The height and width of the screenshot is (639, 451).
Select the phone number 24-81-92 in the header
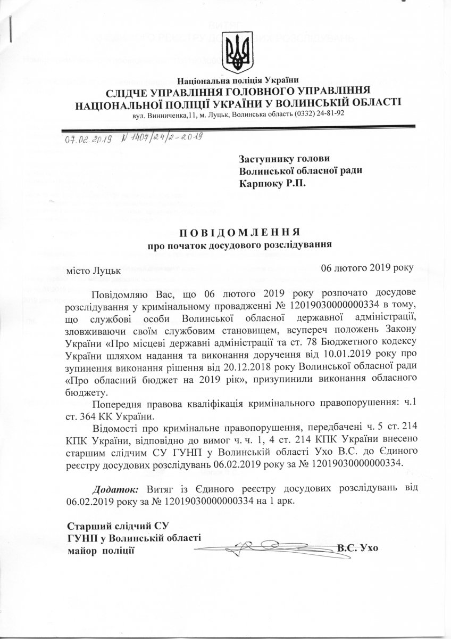pos(330,113)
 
